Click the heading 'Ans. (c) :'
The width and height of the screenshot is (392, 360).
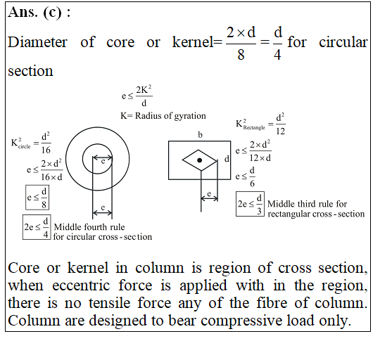tap(39, 12)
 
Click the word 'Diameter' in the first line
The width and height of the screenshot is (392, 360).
tap(37, 42)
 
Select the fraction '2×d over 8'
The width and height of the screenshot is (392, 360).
tap(241, 43)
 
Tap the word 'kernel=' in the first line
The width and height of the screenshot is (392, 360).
tap(197, 42)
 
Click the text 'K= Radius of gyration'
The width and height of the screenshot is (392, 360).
tap(163, 116)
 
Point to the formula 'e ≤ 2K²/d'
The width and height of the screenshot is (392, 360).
tap(137, 96)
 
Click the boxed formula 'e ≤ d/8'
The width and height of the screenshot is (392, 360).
tap(37, 198)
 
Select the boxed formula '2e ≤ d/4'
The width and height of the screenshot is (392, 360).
tap(37, 227)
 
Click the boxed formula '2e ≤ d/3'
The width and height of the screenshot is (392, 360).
tap(250, 204)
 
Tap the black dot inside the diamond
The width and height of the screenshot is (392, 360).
tap(199, 160)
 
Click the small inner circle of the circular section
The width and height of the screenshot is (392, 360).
tap(98, 144)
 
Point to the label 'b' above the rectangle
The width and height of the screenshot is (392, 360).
tap(200, 135)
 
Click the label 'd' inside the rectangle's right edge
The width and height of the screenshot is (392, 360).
tap(227, 159)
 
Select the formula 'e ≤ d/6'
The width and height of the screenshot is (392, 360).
tap(245, 177)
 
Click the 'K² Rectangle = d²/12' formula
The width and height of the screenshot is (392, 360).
tap(260, 124)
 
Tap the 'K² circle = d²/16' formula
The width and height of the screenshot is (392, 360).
tap(31, 143)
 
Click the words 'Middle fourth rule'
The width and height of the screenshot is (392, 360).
tap(89, 227)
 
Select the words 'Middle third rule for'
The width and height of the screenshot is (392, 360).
tap(307, 204)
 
